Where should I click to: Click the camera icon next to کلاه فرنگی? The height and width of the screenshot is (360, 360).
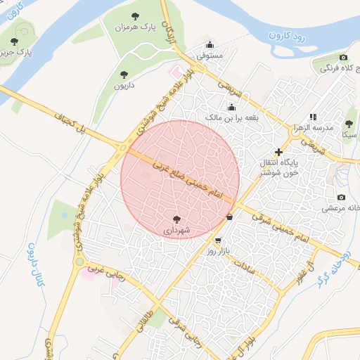pos(343,57)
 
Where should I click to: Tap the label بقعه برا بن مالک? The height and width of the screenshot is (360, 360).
pos(232,117)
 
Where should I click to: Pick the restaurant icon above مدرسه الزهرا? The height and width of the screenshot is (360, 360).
pos(313,117)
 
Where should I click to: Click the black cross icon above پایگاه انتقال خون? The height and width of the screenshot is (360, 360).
pos(278,151)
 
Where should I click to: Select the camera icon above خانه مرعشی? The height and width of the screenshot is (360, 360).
pos(341,198)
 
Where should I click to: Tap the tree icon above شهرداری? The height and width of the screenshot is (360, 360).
pos(176,219)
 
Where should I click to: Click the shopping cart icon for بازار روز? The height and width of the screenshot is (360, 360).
pos(218,240)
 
